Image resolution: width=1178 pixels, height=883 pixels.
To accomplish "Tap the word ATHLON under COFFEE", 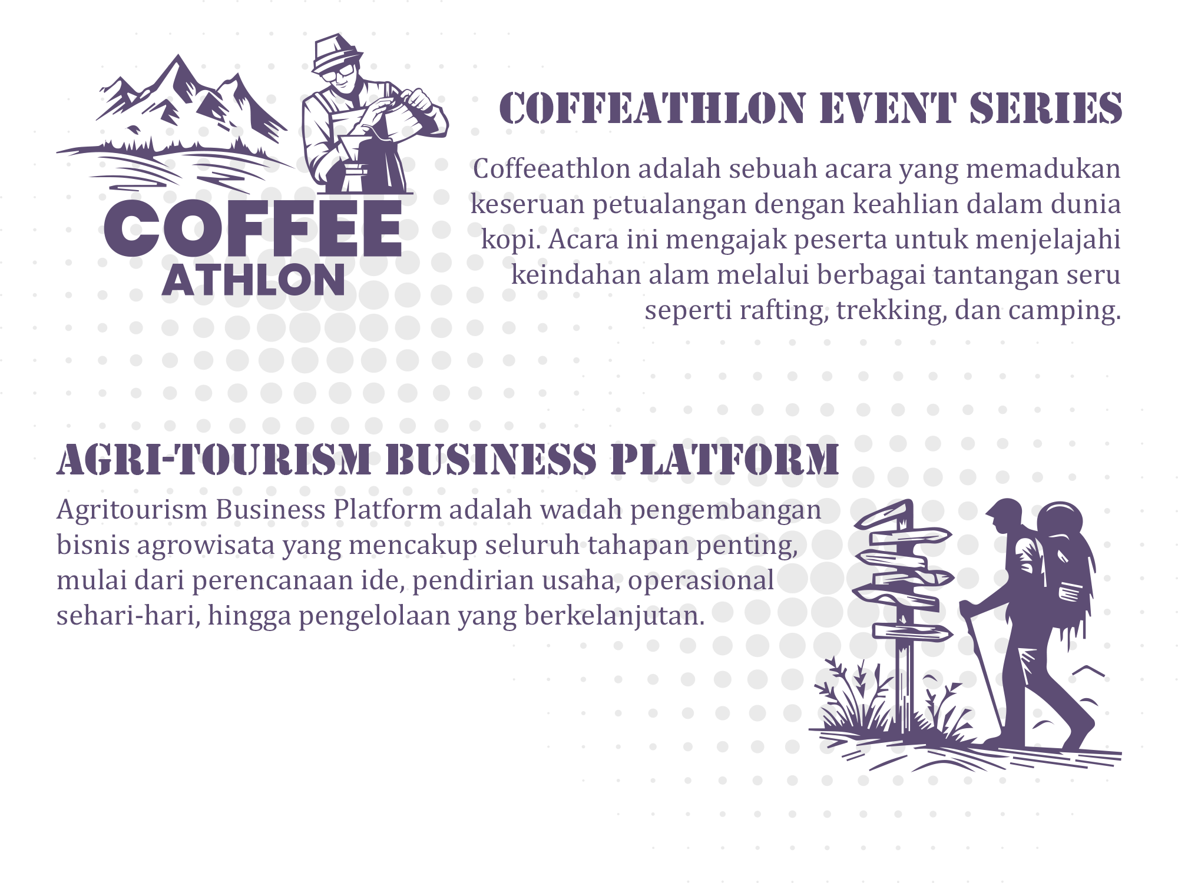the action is click(x=253, y=280).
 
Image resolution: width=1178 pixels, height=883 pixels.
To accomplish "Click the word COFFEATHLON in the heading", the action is click(x=653, y=109).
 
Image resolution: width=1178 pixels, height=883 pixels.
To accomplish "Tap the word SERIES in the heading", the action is click(x=1045, y=109).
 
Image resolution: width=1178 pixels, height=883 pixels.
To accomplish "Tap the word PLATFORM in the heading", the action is click(x=724, y=460).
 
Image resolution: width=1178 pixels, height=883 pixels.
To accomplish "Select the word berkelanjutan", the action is click(x=614, y=616).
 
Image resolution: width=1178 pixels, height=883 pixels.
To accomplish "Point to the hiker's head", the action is click(x=1004, y=516).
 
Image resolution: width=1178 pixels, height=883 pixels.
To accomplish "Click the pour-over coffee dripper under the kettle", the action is click(x=354, y=150).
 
